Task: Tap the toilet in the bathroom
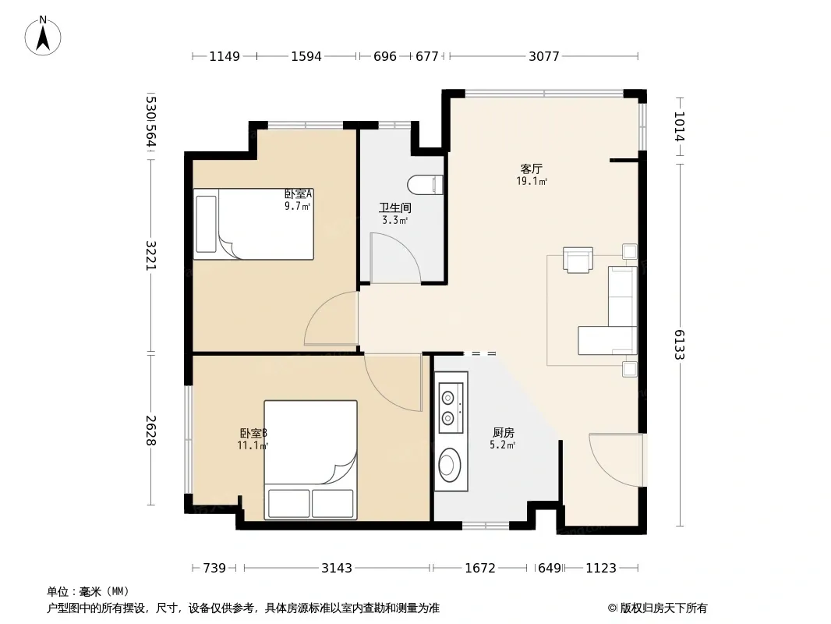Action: (x=426, y=185)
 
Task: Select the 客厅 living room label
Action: (x=531, y=169)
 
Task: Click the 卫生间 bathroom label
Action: (x=394, y=207)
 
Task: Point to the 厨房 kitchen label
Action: (x=503, y=433)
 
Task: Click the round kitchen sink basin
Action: (x=450, y=465)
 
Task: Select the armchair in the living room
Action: (x=578, y=260)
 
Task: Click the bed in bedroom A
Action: (x=253, y=225)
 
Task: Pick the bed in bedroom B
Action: (x=310, y=459)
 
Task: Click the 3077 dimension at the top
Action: (x=544, y=56)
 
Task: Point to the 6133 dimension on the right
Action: (x=680, y=345)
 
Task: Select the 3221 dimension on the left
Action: (x=151, y=256)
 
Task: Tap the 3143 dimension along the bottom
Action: (x=337, y=569)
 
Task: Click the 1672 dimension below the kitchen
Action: (x=479, y=569)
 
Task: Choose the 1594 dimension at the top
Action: (x=306, y=56)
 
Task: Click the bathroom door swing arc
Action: (x=408, y=249)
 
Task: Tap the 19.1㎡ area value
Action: (x=532, y=181)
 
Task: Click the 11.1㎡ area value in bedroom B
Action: (x=253, y=445)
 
